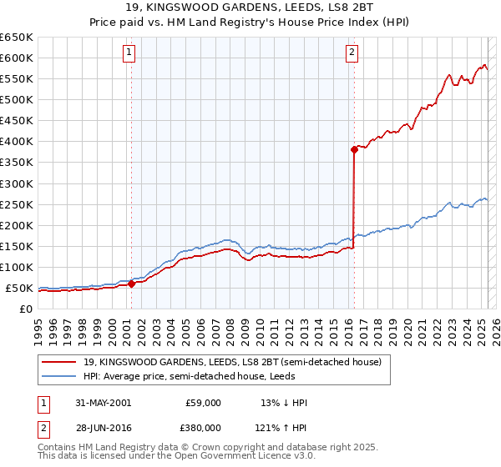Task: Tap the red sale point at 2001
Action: pyautogui.click(x=131, y=284)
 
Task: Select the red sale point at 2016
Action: pyautogui.click(x=354, y=149)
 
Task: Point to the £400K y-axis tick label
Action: pyautogui.click(x=16, y=141)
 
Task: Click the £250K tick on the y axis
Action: pyautogui.click(x=16, y=204)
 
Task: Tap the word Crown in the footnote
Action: pyautogui.click(x=189, y=449)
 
